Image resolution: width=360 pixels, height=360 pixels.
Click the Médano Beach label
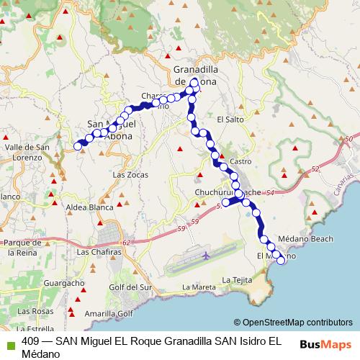[x=298, y=240]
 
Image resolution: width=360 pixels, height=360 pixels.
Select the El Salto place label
[x=227, y=119]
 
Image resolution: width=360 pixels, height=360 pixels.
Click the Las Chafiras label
[x=96, y=252]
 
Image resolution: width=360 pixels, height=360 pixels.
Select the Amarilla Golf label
[x=109, y=314]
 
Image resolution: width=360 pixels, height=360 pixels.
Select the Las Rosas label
[x=32, y=310]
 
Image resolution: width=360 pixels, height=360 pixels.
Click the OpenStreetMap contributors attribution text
[x=298, y=323]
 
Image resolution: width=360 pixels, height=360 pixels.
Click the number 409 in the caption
[x=32, y=341]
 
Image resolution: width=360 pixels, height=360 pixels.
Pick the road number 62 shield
[x=127, y=242]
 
